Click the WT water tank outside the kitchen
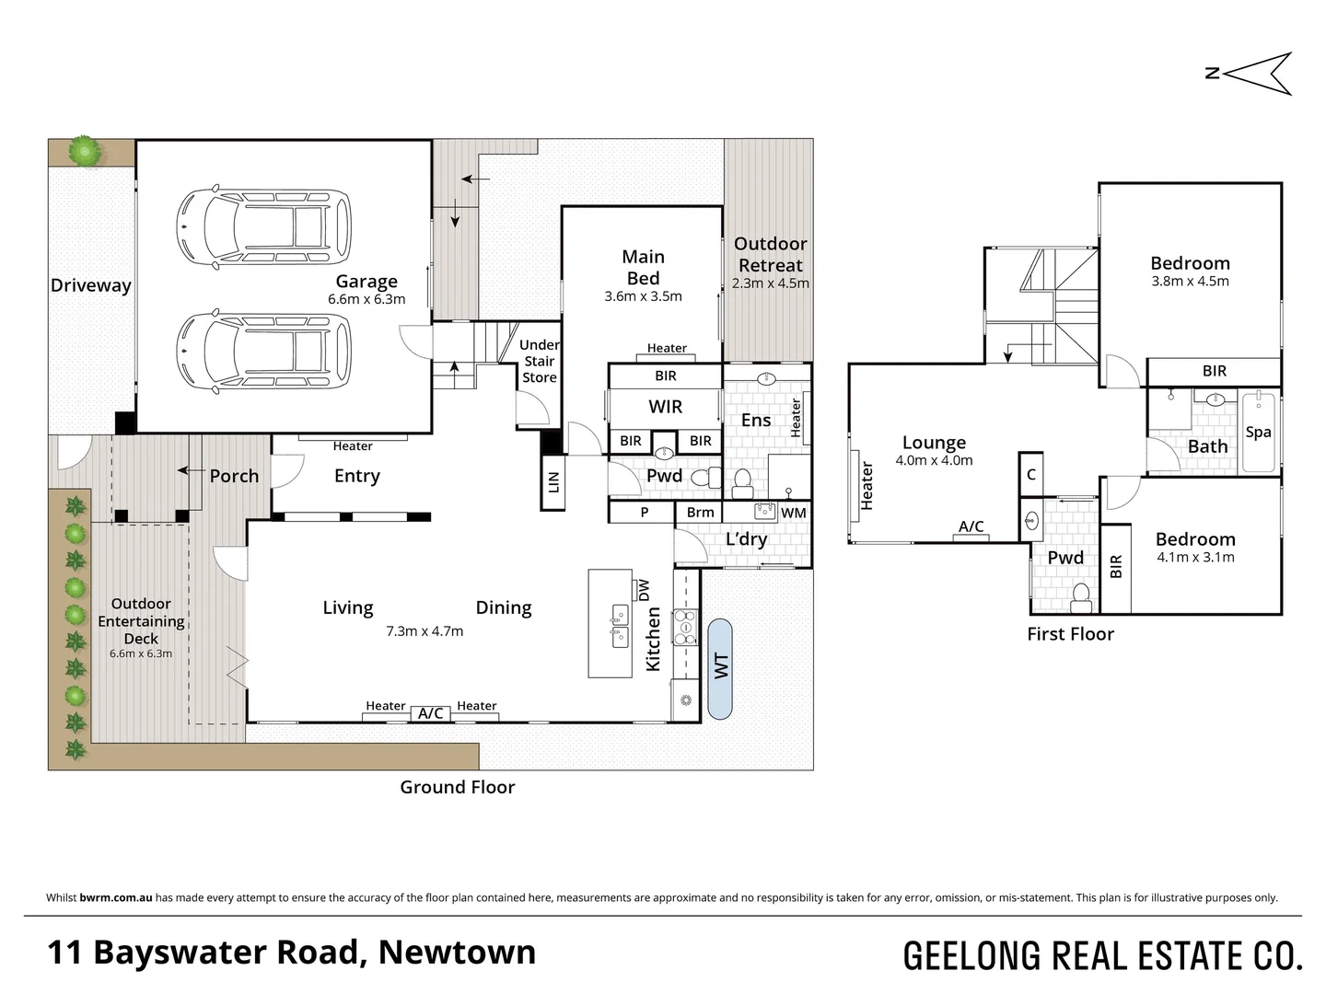[x=721, y=667]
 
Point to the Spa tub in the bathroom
[x=1258, y=433]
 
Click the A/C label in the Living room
[x=430, y=713]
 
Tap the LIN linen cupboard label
[x=553, y=481]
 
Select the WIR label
[x=665, y=407]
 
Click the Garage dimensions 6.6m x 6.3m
[x=366, y=299]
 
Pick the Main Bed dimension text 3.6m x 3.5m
[x=643, y=296]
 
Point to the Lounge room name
[x=934, y=443]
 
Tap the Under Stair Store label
[x=540, y=361]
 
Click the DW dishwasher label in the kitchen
[x=644, y=589]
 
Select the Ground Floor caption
[x=457, y=787]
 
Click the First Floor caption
[x=1070, y=634]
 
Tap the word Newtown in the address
[x=457, y=952]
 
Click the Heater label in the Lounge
[x=867, y=486]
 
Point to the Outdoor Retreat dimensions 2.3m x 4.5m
[x=771, y=283]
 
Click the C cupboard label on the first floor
[x=1031, y=475]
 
